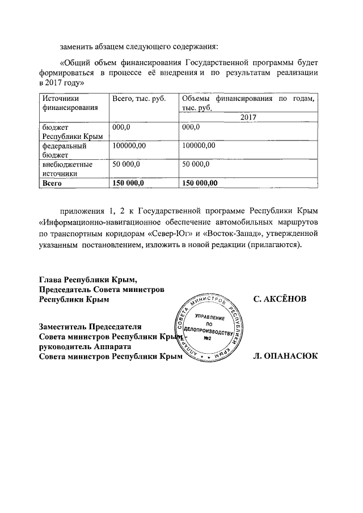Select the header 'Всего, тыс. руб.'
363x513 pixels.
[138, 99]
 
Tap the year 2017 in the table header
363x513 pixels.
[248, 117]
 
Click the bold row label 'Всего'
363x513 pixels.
[52, 183]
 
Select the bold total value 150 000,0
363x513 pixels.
[129, 183]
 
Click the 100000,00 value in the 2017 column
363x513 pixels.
[199, 146]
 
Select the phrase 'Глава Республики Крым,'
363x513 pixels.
[88, 279]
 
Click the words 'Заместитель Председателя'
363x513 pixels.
[90, 327]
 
